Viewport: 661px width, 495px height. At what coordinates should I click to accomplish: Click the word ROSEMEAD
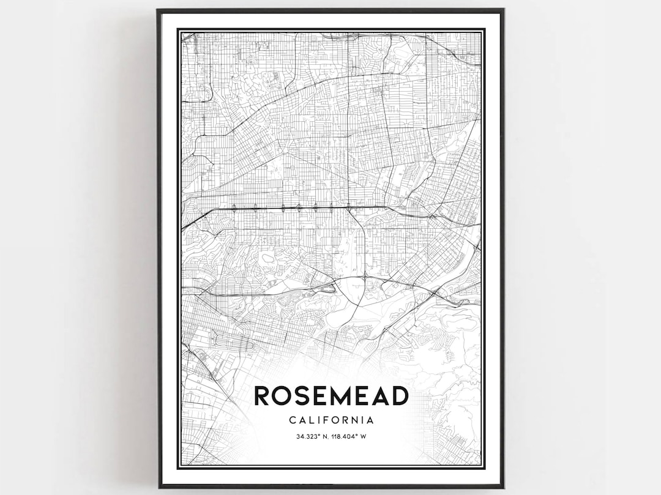(331, 396)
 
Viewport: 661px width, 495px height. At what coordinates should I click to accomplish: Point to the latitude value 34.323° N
(312, 436)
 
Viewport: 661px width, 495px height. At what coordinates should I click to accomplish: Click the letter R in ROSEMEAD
(262, 396)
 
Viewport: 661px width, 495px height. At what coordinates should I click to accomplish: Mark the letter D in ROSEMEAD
(400, 396)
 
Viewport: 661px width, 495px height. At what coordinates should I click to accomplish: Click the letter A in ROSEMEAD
(381, 396)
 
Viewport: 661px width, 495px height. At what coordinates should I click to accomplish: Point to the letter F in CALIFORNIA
(326, 420)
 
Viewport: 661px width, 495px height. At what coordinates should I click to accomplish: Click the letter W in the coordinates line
(364, 436)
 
